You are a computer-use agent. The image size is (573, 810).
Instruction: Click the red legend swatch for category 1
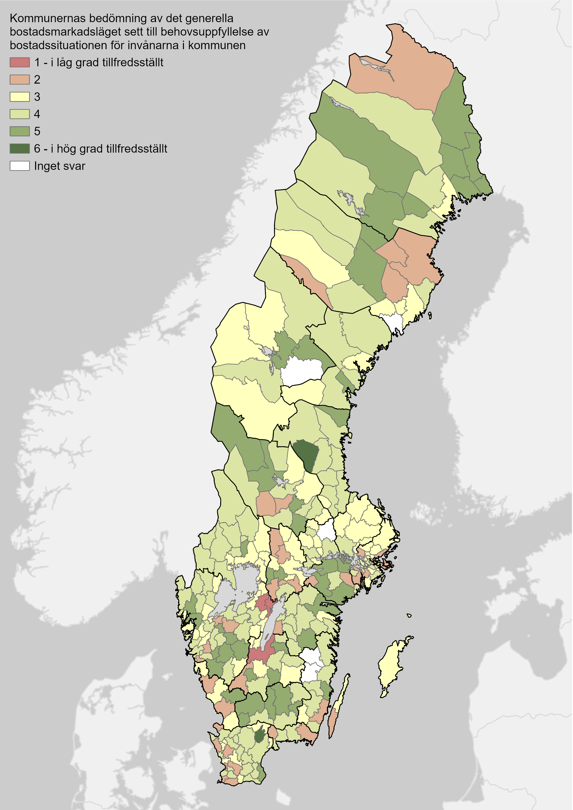pyautogui.click(x=19, y=62)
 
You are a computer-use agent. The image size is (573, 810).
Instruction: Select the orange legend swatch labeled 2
pyautogui.click(x=19, y=80)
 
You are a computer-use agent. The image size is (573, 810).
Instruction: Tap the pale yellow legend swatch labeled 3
pyautogui.click(x=19, y=97)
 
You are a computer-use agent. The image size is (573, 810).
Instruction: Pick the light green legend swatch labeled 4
pyautogui.click(x=19, y=114)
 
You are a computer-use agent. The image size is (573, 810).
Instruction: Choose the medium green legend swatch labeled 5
pyautogui.click(x=19, y=131)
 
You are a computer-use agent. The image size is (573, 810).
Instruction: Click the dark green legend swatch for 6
pyautogui.click(x=19, y=148)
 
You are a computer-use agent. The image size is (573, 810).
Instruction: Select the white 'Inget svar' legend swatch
pyautogui.click(x=19, y=166)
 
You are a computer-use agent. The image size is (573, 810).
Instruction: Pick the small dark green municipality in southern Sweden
pyautogui.click(x=260, y=736)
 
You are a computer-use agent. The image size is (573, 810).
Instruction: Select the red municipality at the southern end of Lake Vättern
pyautogui.click(x=261, y=654)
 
